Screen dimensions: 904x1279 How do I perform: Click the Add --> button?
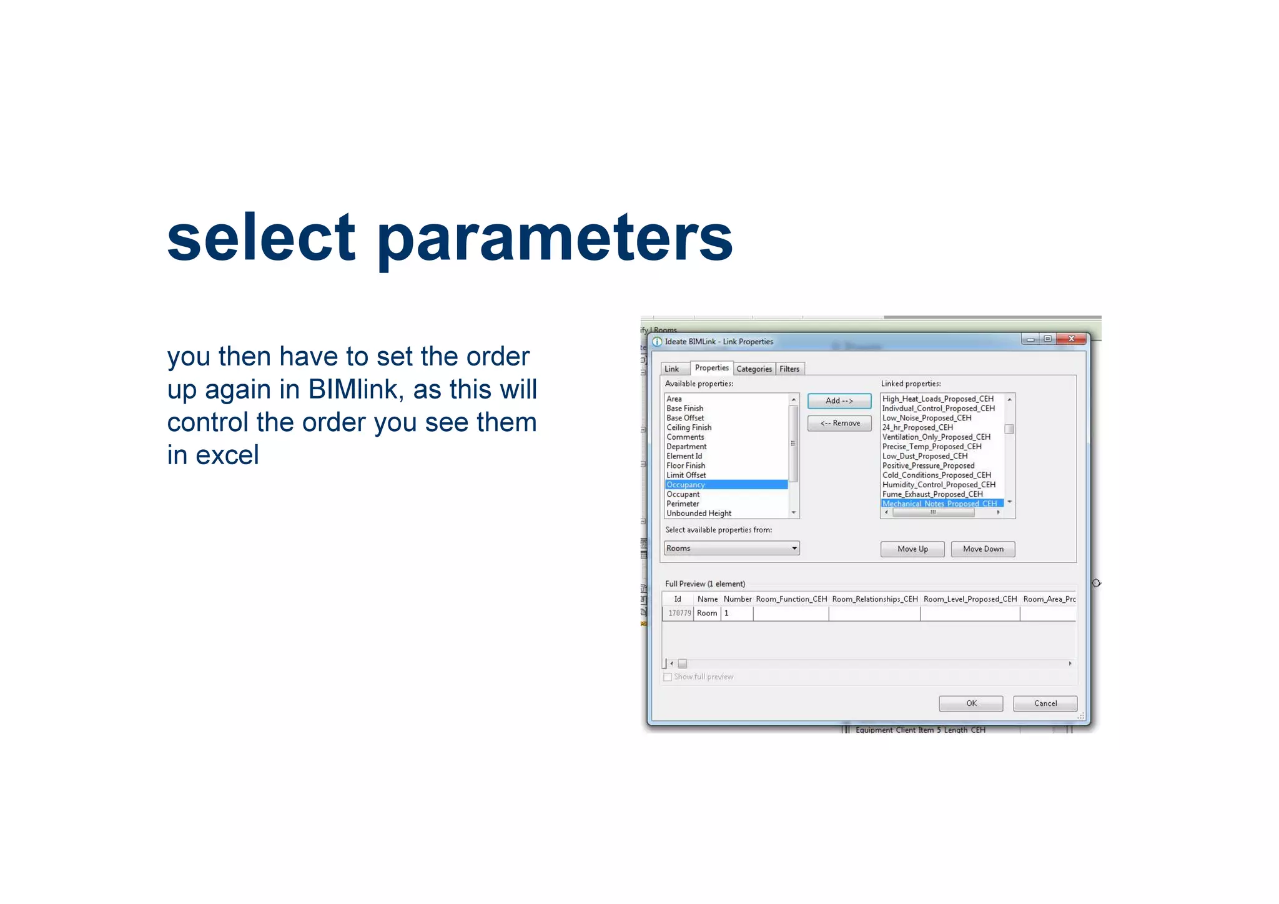point(839,401)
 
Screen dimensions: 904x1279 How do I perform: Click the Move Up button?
point(912,549)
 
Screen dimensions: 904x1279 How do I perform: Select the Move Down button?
point(982,549)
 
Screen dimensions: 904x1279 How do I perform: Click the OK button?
point(970,703)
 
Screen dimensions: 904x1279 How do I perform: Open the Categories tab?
point(754,369)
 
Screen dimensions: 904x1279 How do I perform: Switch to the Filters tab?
point(789,369)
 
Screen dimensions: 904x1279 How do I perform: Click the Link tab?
point(672,369)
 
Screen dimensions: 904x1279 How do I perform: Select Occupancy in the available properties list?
point(686,485)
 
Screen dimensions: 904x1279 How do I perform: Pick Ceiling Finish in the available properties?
point(689,428)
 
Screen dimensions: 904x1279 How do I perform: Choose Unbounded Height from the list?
point(699,514)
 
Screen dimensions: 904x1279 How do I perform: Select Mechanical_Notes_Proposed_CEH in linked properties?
point(939,504)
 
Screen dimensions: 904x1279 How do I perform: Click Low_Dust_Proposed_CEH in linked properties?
point(925,456)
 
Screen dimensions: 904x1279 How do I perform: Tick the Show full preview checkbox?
point(668,677)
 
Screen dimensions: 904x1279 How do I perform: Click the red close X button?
point(1072,339)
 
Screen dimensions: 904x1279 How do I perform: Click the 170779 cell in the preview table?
point(679,613)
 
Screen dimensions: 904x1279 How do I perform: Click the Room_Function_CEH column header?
point(791,599)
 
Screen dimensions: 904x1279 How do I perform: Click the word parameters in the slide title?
point(555,239)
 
